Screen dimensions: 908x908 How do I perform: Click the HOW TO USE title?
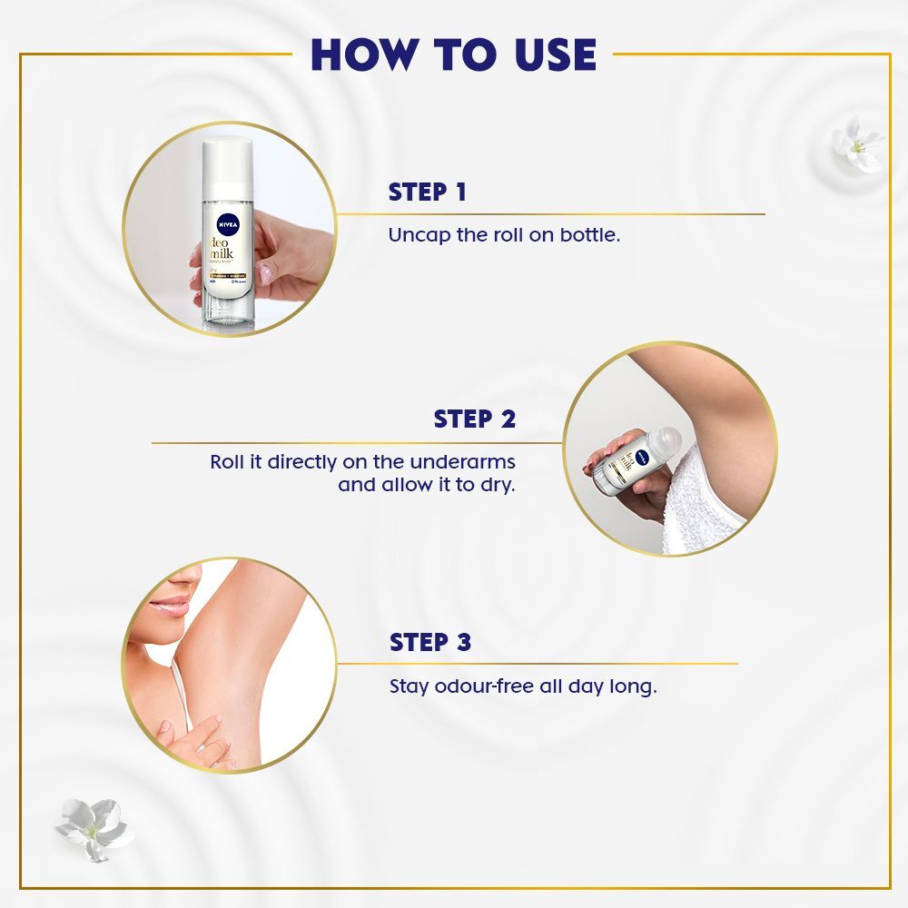(452, 54)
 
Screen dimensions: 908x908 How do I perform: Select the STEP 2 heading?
(474, 419)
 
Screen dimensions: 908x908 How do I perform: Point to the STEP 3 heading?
(430, 643)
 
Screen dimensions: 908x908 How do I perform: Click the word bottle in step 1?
(589, 235)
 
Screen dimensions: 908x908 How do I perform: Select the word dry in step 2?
(498, 485)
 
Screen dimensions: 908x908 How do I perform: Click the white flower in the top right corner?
(856, 141)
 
